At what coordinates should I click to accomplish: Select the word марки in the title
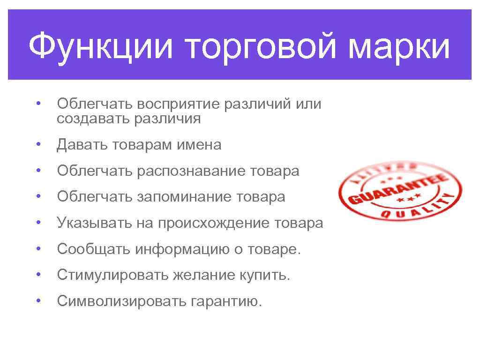tap(389, 46)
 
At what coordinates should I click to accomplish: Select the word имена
tap(199, 145)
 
